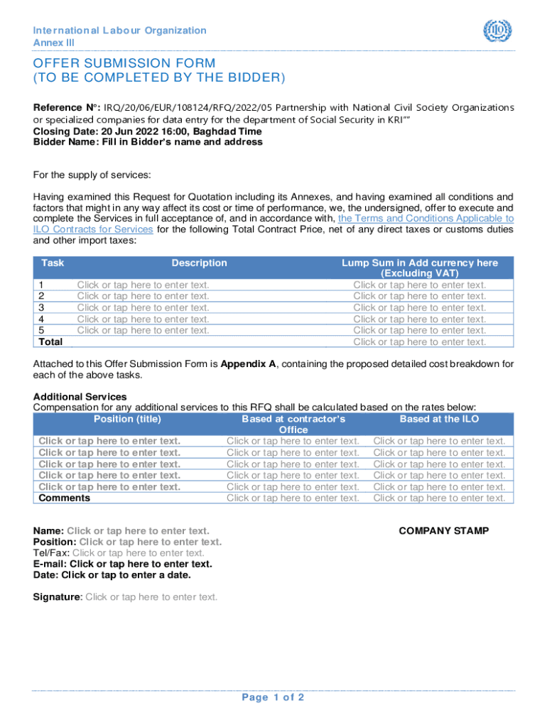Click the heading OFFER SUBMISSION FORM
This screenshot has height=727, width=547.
pyautogui.click(x=125, y=63)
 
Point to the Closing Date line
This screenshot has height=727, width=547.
pyautogui.click(x=147, y=131)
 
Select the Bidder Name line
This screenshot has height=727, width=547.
pyautogui.click(x=148, y=142)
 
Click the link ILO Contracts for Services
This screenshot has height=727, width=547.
pyautogui.click(x=93, y=229)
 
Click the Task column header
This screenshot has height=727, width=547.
pyautogui.click(x=53, y=263)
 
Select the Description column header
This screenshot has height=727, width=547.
pyautogui.click(x=199, y=263)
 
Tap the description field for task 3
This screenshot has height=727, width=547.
pyautogui.click(x=143, y=307)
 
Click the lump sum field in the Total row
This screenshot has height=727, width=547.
pyautogui.click(x=420, y=341)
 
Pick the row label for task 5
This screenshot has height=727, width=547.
pyautogui.click(x=41, y=330)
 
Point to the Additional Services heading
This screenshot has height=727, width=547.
pyautogui.click(x=80, y=396)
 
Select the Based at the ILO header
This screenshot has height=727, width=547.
pyautogui.click(x=439, y=419)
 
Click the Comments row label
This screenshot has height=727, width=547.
pyautogui.click(x=65, y=498)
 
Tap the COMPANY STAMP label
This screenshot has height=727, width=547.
pyautogui.click(x=443, y=530)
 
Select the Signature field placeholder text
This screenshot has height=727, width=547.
pyautogui.click(x=151, y=596)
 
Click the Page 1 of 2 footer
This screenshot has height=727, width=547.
pyautogui.click(x=273, y=697)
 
